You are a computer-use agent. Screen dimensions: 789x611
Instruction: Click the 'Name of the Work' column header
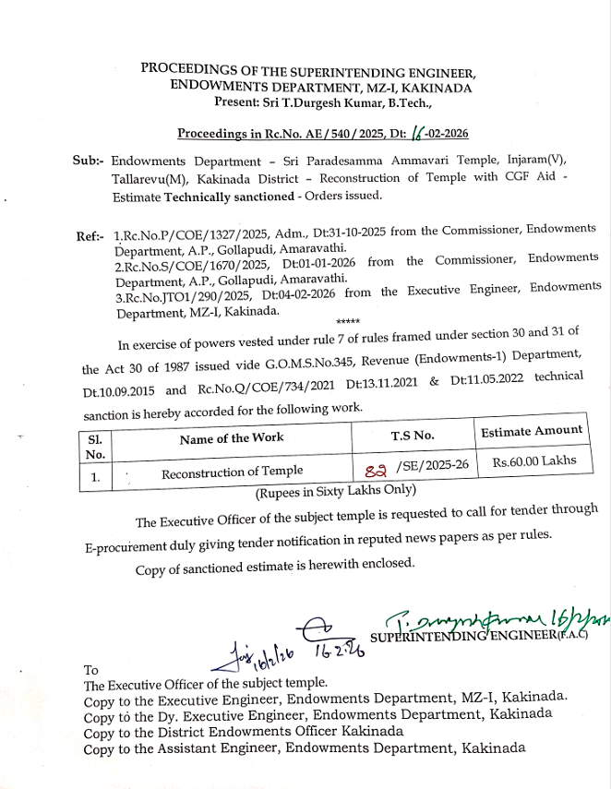[x=232, y=438]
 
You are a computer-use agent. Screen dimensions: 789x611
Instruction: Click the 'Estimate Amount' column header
[x=532, y=430]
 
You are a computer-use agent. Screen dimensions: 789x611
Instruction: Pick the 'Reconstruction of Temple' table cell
[x=232, y=472]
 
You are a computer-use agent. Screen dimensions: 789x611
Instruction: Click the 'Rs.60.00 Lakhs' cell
[x=533, y=460]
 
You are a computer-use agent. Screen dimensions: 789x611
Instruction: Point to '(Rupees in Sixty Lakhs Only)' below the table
[x=336, y=491]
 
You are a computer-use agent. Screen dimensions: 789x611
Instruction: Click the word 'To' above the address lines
[x=90, y=670]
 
